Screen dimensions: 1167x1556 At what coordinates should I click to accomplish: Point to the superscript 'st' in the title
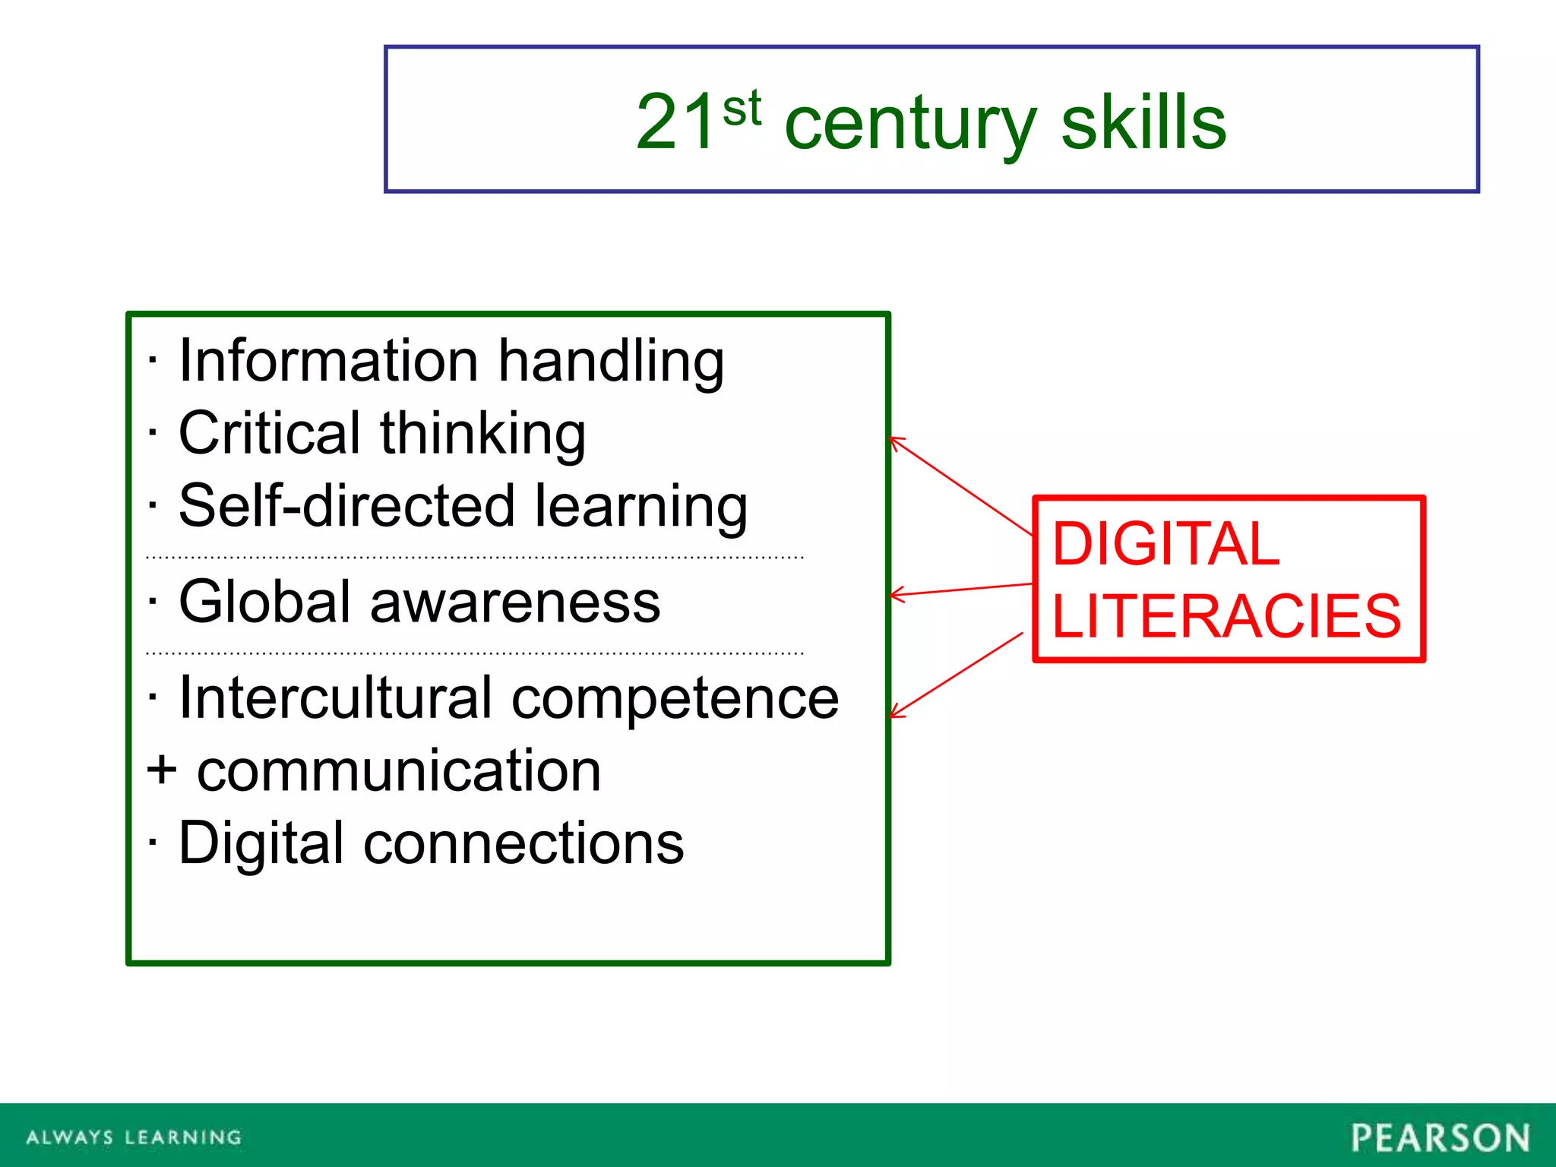742,108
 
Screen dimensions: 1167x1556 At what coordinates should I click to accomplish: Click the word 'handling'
611,362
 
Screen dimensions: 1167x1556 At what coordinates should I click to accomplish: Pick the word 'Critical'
269,433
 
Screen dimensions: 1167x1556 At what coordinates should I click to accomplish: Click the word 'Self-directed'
346,506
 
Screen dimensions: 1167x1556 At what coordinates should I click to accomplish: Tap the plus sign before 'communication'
162,770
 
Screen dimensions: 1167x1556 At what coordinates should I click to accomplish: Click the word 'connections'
523,843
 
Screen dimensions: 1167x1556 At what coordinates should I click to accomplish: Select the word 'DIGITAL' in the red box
1165,544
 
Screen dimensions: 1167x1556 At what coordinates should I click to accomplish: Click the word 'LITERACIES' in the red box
1226,615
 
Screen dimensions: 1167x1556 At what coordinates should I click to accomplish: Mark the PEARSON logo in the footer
1440,1137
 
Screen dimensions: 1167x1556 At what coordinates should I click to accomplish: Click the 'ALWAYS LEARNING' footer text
134,1137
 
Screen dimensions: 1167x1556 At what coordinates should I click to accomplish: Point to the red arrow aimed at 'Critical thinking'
961,486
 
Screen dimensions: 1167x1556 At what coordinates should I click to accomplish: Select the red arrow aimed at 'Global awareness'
961,590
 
